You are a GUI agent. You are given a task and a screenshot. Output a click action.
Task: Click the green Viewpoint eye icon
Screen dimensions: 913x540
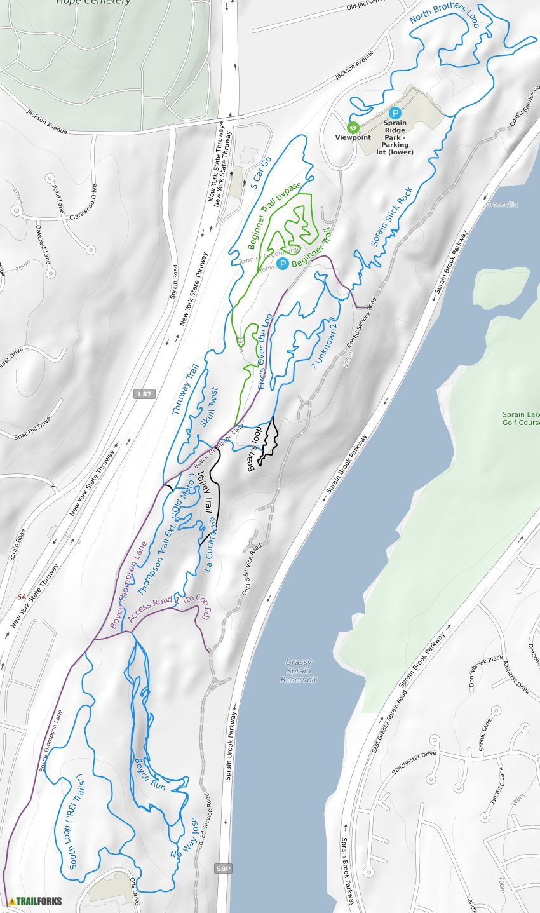[353, 127]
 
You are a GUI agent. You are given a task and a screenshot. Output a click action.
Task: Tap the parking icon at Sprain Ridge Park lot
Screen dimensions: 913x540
[395, 112]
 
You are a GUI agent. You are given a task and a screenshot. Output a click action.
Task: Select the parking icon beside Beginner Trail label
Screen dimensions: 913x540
[283, 263]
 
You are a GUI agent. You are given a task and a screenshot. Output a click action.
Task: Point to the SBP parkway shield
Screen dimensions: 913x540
[222, 868]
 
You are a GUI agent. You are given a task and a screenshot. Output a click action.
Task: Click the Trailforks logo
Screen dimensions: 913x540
[36, 900]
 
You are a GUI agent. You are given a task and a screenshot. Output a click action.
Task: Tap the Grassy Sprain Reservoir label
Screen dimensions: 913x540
[298, 671]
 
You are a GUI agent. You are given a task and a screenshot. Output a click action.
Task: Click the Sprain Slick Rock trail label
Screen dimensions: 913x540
[392, 216]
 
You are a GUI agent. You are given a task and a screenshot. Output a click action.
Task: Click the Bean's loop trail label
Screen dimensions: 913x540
[255, 449]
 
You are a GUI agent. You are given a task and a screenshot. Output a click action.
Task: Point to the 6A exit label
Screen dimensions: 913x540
[22, 597]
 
